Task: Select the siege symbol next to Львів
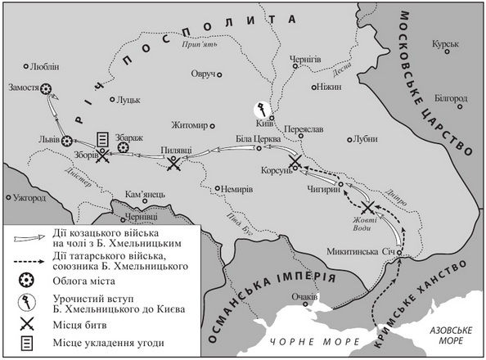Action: (x=69, y=141)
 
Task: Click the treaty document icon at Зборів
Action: (x=102, y=139)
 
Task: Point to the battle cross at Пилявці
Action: (x=173, y=164)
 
